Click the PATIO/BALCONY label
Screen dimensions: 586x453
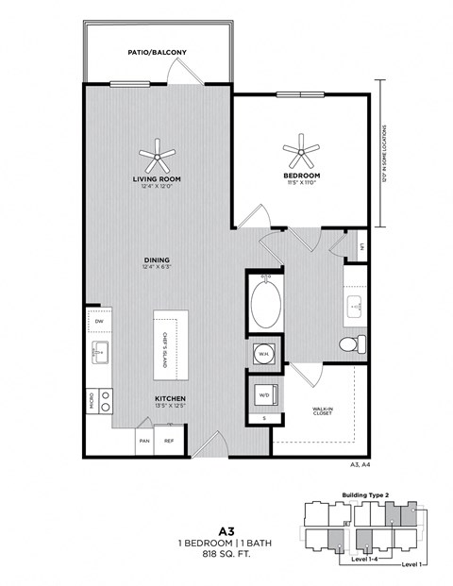156,53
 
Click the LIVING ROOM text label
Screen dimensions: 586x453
157,177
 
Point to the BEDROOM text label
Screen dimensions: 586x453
302,176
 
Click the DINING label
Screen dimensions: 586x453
157,262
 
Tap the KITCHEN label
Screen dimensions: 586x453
170,398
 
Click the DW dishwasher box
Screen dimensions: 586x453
99,322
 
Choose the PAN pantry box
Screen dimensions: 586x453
144,440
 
